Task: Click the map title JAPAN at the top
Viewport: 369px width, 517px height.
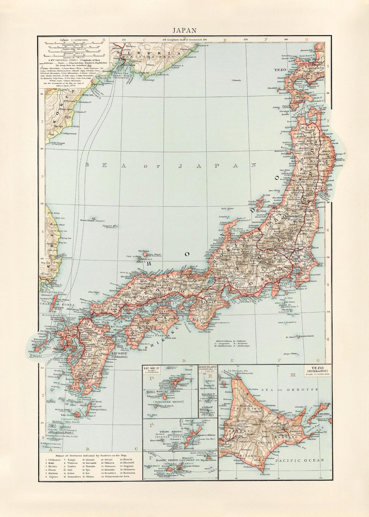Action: pos(184,30)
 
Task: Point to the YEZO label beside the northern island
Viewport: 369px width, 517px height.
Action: pos(279,69)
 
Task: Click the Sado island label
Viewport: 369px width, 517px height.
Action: pos(252,202)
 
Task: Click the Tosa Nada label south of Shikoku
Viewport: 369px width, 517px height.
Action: pos(152,335)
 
